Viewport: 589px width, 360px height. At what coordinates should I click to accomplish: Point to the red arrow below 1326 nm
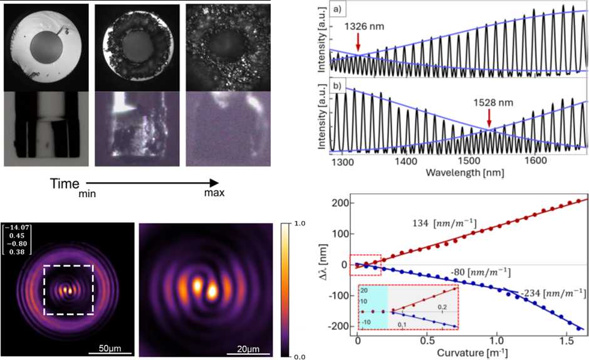click(x=358, y=42)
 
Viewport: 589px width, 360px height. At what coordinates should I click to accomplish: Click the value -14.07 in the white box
click(x=15, y=228)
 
